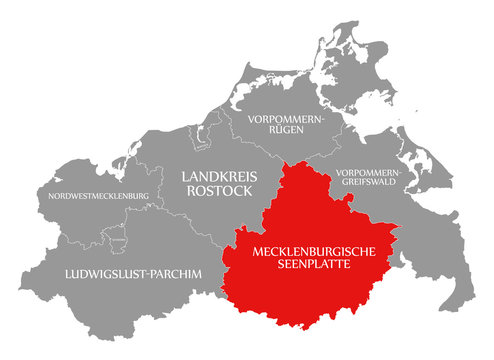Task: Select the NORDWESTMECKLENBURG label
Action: (98, 194)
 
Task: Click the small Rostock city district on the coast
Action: (208, 138)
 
